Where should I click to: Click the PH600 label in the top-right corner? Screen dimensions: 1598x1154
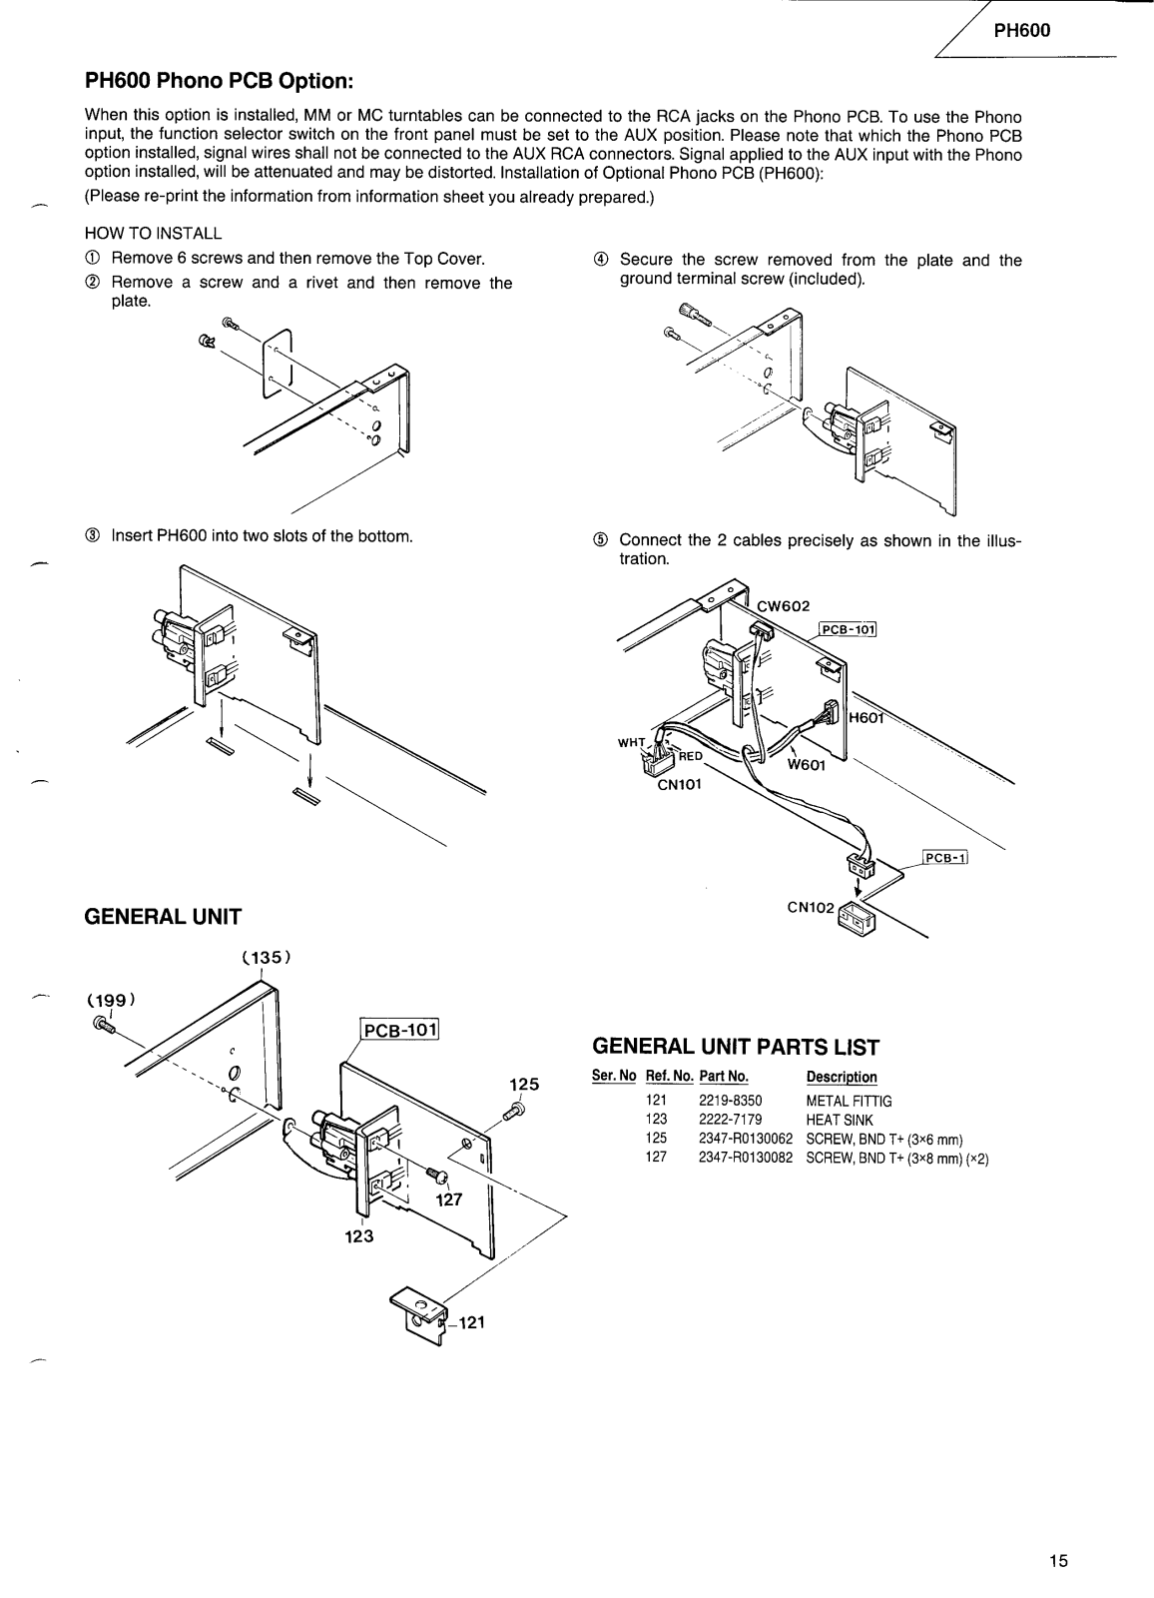[x=1022, y=31]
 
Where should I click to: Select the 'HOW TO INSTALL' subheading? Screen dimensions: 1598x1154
[x=154, y=234]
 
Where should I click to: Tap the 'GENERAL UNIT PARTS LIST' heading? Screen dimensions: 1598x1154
[x=736, y=1047]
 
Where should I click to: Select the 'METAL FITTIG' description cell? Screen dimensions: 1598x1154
[x=849, y=1101]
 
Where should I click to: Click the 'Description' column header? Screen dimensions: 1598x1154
[x=841, y=1077]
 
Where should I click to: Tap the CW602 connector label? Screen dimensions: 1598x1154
[x=784, y=605]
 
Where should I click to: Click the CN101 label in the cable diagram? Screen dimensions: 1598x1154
[x=679, y=784]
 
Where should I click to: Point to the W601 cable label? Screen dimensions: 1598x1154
[x=807, y=766]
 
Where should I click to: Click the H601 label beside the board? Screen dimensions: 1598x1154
[x=867, y=716]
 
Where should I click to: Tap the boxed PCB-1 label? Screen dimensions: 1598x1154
[x=946, y=857]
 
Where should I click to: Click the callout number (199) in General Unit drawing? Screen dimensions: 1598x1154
[x=111, y=999]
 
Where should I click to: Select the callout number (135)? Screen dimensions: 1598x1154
[x=266, y=957]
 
